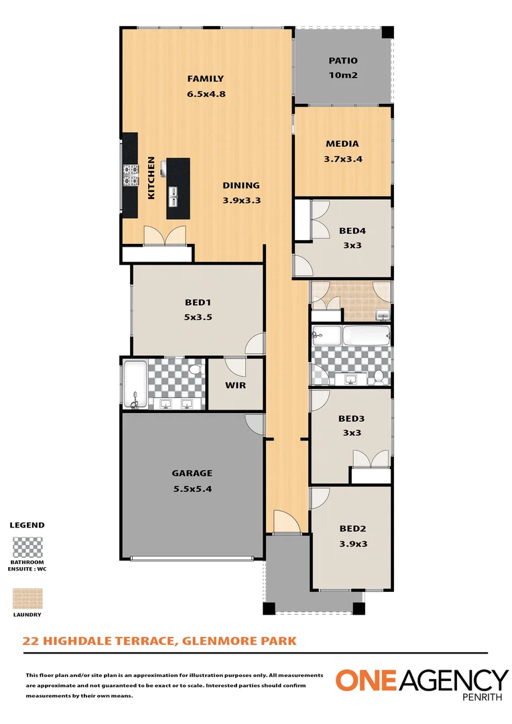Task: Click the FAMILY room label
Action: pos(205,78)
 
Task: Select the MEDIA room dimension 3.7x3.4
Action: pos(342,159)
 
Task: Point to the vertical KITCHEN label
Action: pos(151,178)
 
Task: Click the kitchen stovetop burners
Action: pos(130,175)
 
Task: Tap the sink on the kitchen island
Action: pos(174,196)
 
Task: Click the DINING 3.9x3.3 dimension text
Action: pos(241,200)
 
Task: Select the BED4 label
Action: pos(351,231)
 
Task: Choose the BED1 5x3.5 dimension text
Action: pos(198,317)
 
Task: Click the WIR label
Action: pos(235,385)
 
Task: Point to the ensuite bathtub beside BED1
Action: pos(135,384)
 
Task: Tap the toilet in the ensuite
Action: pos(196,370)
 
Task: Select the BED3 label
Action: pos(352,418)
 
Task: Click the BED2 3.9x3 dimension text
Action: pos(353,544)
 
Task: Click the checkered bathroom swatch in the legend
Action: pos(27,548)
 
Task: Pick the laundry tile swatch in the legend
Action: pos(27,599)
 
